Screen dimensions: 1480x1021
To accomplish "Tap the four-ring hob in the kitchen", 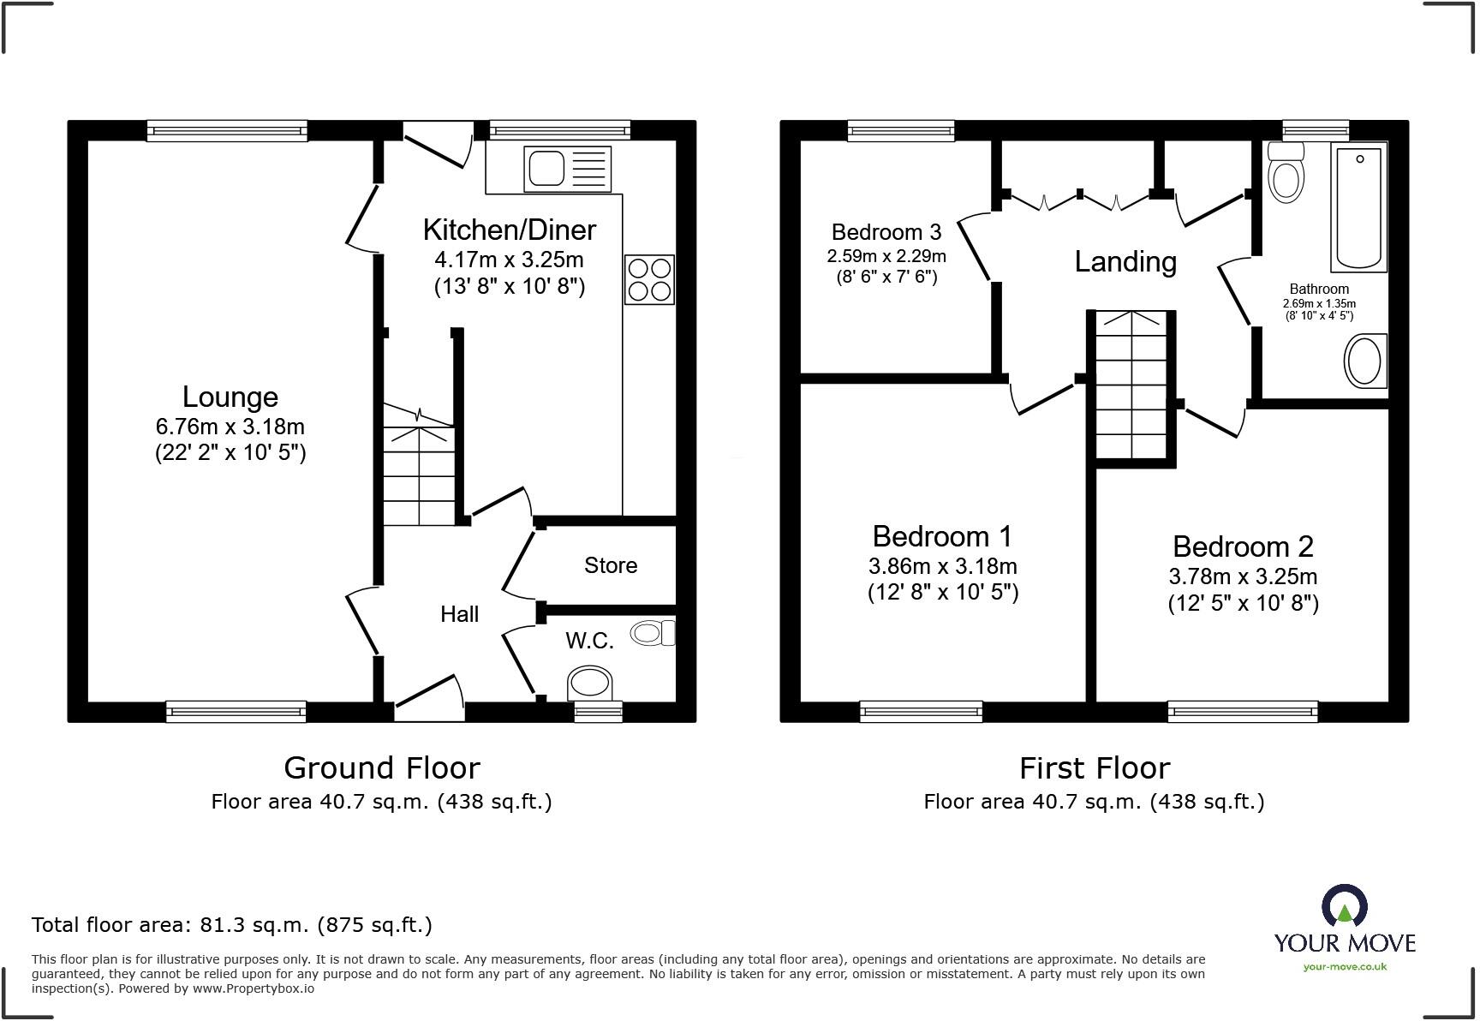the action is (x=650, y=279).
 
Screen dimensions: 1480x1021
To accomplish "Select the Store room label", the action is (x=611, y=565).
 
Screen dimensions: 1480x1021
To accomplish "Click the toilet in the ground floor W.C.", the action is (x=591, y=683).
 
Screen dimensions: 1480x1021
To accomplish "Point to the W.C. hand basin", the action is (x=653, y=633).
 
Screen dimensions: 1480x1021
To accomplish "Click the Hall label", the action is (x=459, y=614).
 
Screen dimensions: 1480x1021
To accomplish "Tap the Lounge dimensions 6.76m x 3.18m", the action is (x=230, y=427).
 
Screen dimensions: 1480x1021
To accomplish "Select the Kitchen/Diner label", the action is (x=510, y=230).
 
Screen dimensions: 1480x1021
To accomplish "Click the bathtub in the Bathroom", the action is (x=1359, y=207).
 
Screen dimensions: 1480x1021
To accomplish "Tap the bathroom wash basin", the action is (x=1365, y=361).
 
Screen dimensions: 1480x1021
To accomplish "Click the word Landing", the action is (x=1125, y=262).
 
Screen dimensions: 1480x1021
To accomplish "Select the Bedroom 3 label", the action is (x=886, y=232).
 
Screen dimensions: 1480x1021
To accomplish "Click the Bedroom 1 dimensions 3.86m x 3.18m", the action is (x=943, y=566).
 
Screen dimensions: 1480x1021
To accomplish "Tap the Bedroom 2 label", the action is (x=1243, y=546).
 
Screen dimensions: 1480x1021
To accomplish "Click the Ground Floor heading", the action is (x=382, y=768).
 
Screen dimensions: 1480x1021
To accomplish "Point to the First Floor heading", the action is (x=1095, y=768).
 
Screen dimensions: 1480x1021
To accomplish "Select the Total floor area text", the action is (x=232, y=925).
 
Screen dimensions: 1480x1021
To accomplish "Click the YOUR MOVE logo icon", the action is (x=1345, y=906).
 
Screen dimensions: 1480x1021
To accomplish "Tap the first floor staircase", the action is (x=1131, y=387).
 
